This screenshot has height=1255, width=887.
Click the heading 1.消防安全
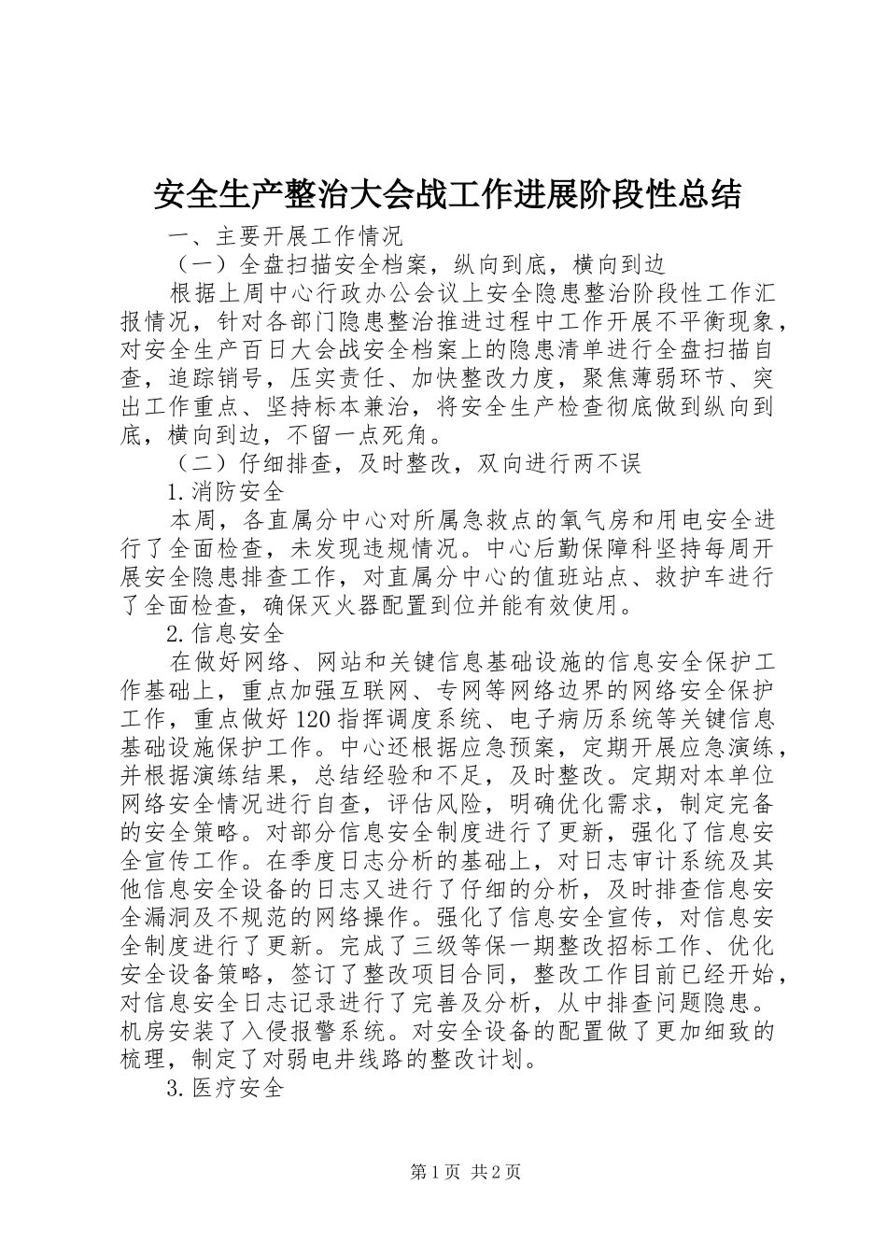(x=224, y=491)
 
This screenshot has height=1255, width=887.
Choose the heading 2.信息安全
(x=224, y=634)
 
